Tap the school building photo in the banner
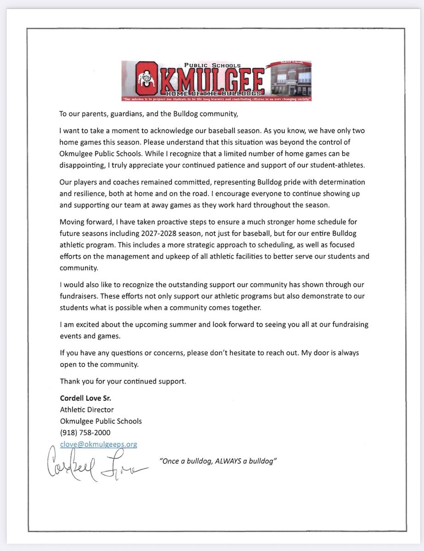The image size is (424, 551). pos(290,81)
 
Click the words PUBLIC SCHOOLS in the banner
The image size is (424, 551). pos(212,66)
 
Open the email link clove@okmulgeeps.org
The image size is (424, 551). pos(98,444)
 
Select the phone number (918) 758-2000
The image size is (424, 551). pos(85,433)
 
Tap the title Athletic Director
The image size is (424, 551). pos(86,410)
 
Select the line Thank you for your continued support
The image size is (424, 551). pos(123,381)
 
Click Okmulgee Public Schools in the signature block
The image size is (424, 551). pos(101,421)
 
